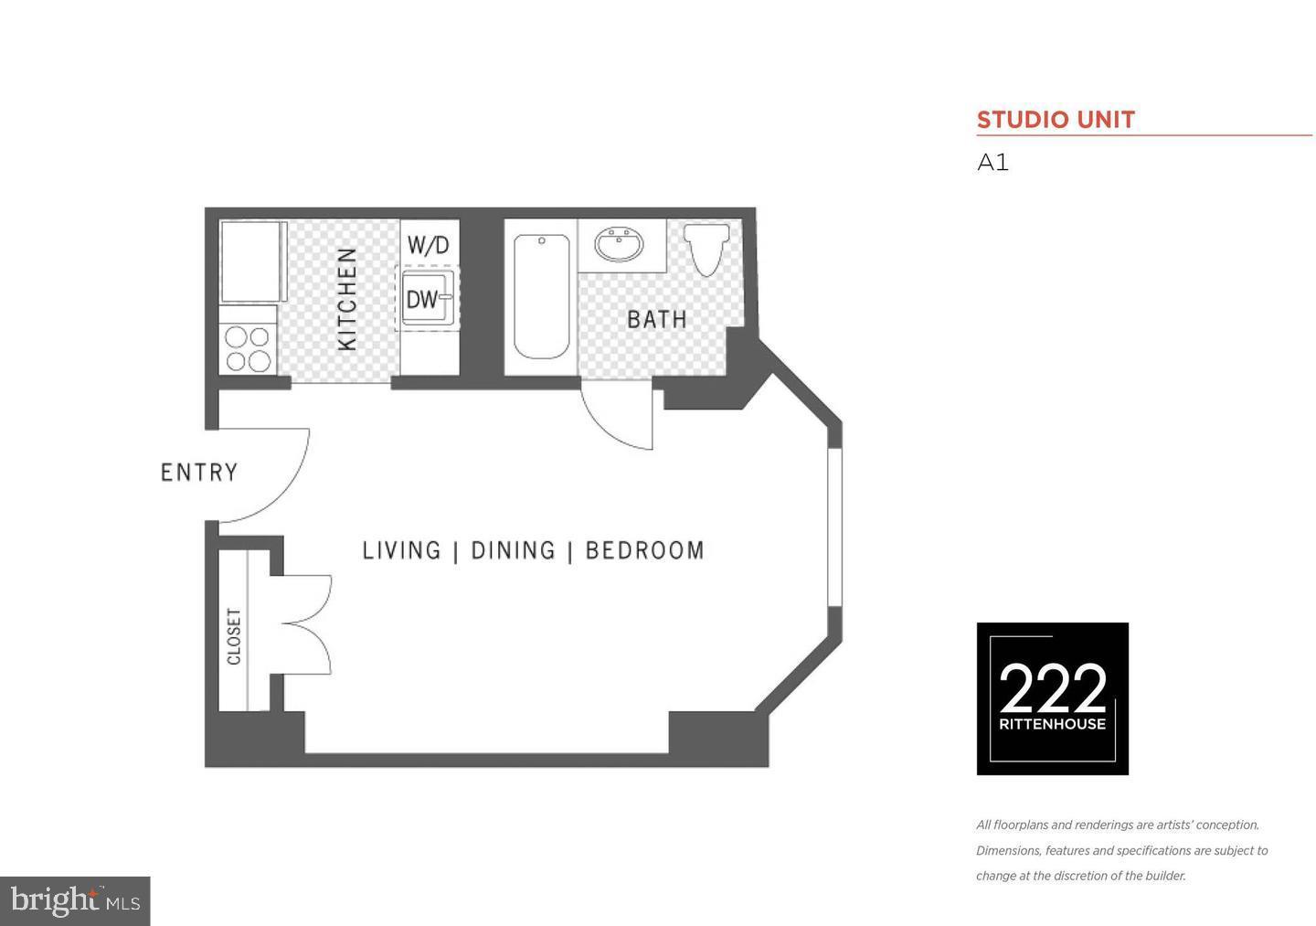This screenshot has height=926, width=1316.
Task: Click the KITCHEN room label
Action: (x=347, y=299)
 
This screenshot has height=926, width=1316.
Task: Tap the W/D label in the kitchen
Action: (x=428, y=245)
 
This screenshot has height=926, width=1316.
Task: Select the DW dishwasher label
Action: (x=422, y=299)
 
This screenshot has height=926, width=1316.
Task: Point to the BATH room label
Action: (x=656, y=319)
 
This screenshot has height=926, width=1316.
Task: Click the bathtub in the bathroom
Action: (x=541, y=296)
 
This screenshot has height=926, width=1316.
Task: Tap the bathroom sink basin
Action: (x=620, y=244)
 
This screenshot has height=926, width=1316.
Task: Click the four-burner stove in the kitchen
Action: (x=248, y=348)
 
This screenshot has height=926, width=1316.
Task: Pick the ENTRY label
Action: (x=198, y=473)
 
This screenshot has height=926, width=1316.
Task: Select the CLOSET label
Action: (x=234, y=636)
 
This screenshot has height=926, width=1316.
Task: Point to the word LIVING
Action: (x=401, y=550)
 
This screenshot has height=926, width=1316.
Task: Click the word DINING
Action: (x=513, y=550)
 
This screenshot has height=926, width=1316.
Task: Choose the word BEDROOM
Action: (x=644, y=550)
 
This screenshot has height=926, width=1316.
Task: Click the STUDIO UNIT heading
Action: (x=1056, y=120)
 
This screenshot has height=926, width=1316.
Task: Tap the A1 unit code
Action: (x=992, y=163)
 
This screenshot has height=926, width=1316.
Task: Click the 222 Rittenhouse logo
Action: (x=1052, y=698)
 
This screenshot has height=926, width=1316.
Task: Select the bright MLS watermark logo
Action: (x=75, y=901)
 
